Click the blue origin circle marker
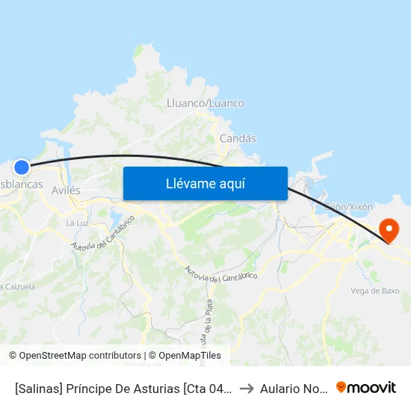pyautogui.click(x=22, y=168)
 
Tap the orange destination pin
pyautogui.click(x=389, y=229)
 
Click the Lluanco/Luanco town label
pyautogui.click(x=205, y=103)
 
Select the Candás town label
pyautogui.click(x=238, y=138)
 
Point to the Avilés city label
pyautogui.click(x=66, y=191)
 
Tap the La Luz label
pyautogui.click(x=77, y=223)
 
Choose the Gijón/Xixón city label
pyautogui.click(x=350, y=205)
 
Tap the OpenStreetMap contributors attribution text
pyautogui.click(x=80, y=356)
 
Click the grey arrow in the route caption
pyautogui.click(x=246, y=388)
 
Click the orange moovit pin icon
pyautogui.click(x=342, y=387)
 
